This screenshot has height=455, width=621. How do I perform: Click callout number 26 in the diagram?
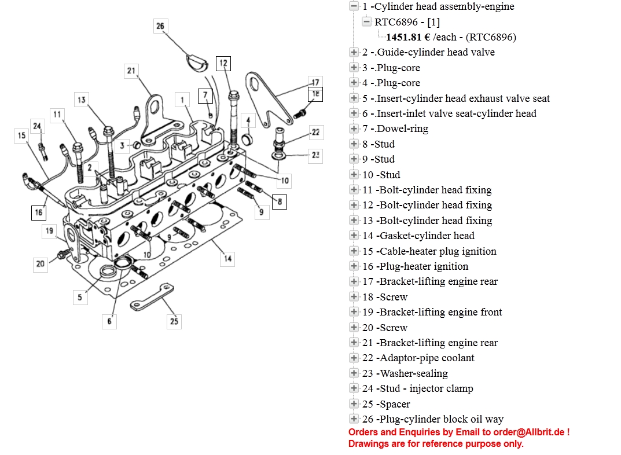point(160,25)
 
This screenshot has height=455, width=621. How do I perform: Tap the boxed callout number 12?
point(223,63)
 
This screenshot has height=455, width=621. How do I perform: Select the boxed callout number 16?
point(38,212)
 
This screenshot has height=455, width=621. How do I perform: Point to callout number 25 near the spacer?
point(174,321)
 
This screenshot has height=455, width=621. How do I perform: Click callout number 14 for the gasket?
point(228,258)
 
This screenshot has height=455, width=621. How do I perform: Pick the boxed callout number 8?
point(280,201)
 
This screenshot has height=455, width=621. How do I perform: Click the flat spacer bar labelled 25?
point(152,296)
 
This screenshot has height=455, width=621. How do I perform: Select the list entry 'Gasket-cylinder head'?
point(418,236)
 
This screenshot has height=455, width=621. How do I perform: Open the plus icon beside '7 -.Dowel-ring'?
point(354,129)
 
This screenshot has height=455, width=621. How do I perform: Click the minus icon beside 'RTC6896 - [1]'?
point(366,22)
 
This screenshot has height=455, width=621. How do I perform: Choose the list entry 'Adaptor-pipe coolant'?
point(418,358)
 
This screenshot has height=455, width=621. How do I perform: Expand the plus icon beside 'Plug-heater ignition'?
point(354,266)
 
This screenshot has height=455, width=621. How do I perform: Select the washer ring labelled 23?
point(278,155)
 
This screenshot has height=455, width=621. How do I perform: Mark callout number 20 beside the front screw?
point(40,265)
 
